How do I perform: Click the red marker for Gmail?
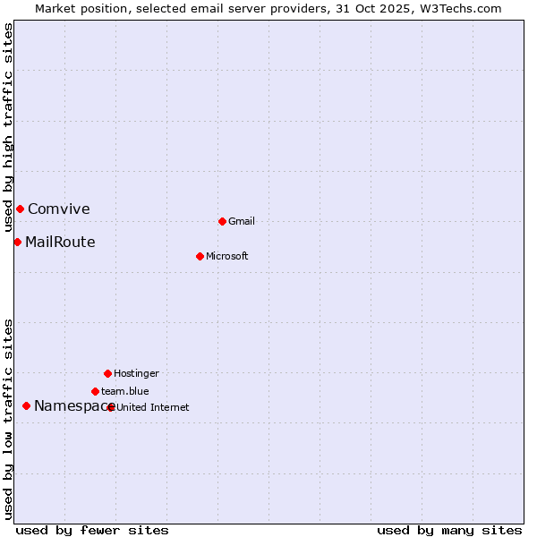pos(222,221)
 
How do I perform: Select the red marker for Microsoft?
pos(200,256)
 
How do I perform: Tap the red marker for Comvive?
pos(20,209)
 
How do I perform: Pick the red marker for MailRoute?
pos(17,242)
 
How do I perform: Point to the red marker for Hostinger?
pos(107,373)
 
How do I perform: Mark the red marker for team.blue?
pos(95,391)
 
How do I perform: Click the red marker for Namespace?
pos(26,405)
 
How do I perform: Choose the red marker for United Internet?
pos(111,407)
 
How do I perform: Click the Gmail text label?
pos(242,221)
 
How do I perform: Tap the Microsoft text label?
pos(227,256)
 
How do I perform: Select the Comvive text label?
pos(59,209)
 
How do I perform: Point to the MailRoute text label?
pos(60,242)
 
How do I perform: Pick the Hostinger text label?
pos(136,373)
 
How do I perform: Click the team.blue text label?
pos(125,391)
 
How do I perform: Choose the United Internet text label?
pos(153,407)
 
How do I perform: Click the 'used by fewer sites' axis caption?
pos(92,530)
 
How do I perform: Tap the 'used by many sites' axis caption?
pos(449,530)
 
